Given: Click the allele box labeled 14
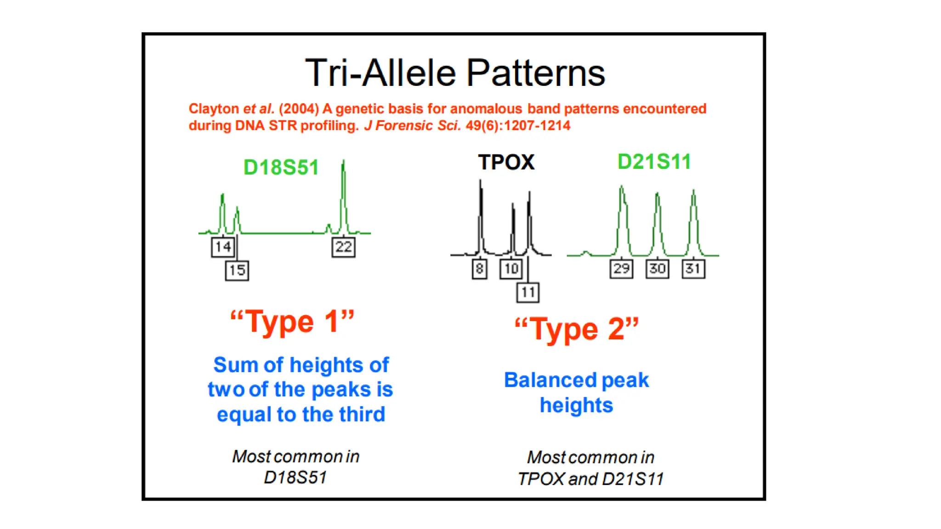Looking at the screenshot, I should tap(223, 247).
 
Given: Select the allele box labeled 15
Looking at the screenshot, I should tap(237, 270).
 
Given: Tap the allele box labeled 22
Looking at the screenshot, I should tap(343, 247).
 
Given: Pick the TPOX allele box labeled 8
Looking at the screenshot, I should tap(479, 269).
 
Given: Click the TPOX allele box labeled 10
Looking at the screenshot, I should tap(511, 269).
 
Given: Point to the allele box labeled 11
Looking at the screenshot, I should tap(527, 293).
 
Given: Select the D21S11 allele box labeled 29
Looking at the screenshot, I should tap(621, 269).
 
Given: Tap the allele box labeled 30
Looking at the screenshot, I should tap(657, 269).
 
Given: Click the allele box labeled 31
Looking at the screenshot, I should tap(693, 269).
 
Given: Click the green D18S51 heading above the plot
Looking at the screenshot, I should tap(281, 167).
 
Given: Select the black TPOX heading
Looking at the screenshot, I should tap(506, 162).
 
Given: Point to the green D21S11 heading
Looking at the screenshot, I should tap(654, 162).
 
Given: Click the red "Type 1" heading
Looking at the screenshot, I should tap(292, 321).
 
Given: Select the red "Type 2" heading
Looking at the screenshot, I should tap(577, 329).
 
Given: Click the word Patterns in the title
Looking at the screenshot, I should tap(536, 73).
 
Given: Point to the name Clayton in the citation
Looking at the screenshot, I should tap(214, 109).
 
